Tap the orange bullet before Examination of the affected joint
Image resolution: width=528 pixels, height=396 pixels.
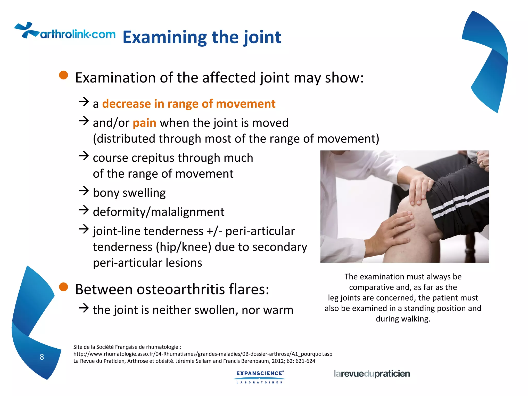[63, 75]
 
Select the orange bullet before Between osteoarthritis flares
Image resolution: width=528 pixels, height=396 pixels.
[63, 287]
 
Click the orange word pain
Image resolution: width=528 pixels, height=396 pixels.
[144, 123]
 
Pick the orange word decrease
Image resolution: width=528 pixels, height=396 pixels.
[126, 104]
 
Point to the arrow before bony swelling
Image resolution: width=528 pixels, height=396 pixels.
[84, 191]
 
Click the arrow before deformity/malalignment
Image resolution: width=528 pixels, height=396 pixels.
[84, 210]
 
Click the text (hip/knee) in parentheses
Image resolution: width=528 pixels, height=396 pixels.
[184, 247]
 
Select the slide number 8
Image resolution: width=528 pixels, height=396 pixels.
[42, 357]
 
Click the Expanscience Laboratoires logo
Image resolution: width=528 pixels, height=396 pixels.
[260, 377]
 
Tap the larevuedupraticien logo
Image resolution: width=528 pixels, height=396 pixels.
[372, 374]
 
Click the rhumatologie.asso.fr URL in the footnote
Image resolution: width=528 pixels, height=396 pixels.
[203, 354]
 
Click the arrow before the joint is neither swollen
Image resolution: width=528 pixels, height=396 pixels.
[84, 308]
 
